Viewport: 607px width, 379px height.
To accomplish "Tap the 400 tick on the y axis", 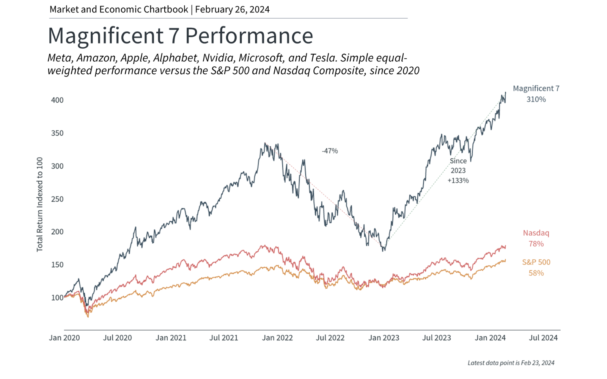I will [57, 100].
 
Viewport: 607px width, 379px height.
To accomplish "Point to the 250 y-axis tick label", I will [57, 199].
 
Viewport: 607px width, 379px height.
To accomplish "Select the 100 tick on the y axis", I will [57, 298].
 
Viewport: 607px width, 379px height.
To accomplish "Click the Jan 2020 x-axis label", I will [64, 338].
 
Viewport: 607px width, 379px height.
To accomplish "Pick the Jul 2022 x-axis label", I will [330, 338].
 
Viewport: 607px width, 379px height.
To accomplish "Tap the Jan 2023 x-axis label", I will [384, 338].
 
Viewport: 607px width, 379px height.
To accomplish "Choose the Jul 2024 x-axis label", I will [543, 338].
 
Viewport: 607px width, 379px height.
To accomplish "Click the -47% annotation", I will [330, 151].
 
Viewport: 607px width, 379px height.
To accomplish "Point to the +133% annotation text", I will [458, 180].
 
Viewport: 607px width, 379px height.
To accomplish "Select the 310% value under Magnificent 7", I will [536, 99].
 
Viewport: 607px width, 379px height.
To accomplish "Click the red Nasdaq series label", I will [536, 233].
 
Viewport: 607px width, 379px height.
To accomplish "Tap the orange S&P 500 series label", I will [536, 262].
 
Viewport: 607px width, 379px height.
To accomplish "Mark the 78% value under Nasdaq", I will [536, 244].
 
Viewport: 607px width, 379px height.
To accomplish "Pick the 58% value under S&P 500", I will [536, 273].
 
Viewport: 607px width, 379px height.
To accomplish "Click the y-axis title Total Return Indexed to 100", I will [40, 204].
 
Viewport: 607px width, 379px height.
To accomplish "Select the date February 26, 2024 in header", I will [232, 9].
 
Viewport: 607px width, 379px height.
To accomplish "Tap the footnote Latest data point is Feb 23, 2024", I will [511, 363].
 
